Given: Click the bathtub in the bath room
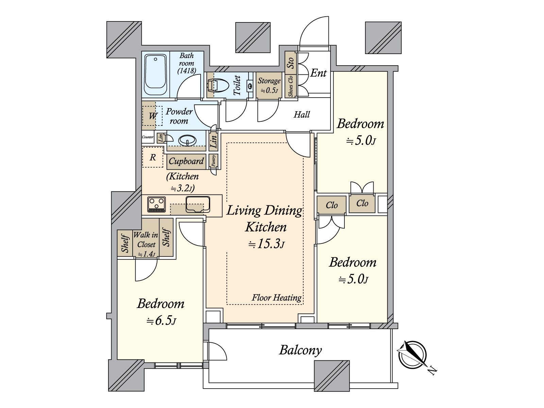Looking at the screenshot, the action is click(x=155, y=75).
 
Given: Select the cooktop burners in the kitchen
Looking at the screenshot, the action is click(x=156, y=204).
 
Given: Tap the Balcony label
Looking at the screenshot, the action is click(x=300, y=350).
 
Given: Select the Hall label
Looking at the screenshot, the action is click(x=302, y=115).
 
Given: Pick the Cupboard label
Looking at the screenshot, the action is click(x=186, y=161).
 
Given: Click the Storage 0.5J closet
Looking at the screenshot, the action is click(x=269, y=85).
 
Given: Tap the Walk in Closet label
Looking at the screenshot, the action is click(x=146, y=240).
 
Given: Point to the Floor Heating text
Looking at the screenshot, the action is click(x=276, y=297).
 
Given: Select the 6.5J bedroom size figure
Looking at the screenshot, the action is click(x=161, y=321).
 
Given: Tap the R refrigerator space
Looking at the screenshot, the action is click(x=153, y=157).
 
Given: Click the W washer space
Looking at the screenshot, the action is click(x=152, y=116).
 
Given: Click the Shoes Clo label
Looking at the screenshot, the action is click(x=290, y=86).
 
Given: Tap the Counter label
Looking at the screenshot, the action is click(x=148, y=137).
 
